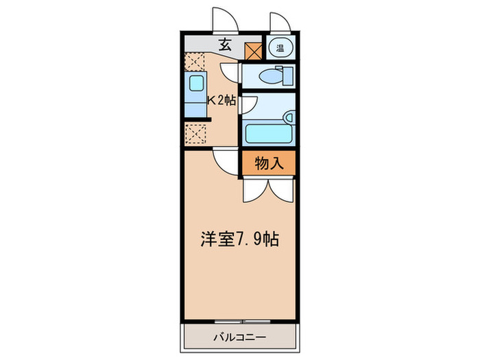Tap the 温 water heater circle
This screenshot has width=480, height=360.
click(280, 48)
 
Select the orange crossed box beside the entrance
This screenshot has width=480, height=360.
click(254, 50)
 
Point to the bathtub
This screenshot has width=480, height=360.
click(267, 132)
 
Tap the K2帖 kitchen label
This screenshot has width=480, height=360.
click(221, 100)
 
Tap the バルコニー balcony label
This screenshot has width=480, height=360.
click(239, 336)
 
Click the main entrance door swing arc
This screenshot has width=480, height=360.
click(224, 19)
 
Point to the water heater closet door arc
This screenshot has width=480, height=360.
click(280, 22)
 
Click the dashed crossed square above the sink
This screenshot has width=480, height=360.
click(194, 62)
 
